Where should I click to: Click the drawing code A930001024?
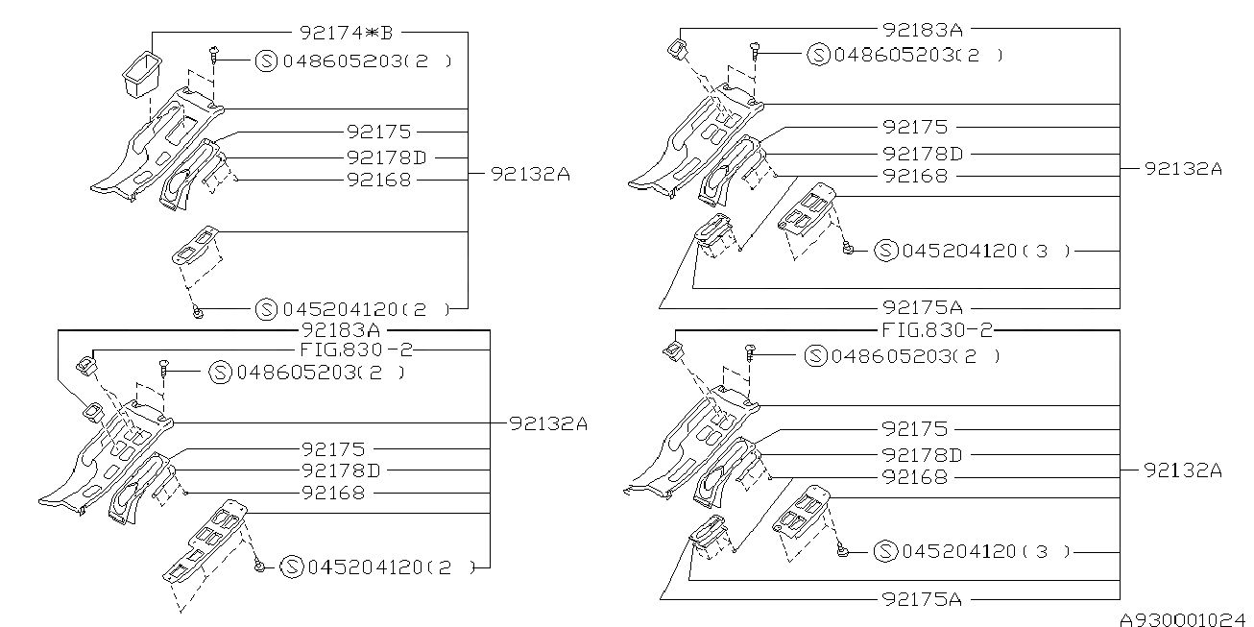pyautogui.click(x=1187, y=619)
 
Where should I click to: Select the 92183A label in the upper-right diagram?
pyautogui.click(x=923, y=30)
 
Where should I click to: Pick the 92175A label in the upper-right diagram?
pyautogui.click(x=922, y=307)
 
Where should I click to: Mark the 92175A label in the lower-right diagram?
pyautogui.click(x=920, y=599)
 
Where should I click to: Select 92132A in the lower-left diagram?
pyautogui.click(x=547, y=422)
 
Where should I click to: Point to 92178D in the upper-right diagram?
pyautogui.click(x=922, y=154)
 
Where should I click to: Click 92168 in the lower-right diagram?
pyautogui.click(x=914, y=476)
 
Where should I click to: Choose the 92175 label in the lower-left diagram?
pyautogui.click(x=332, y=447)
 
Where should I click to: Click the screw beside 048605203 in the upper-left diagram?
pyautogui.click(x=213, y=59)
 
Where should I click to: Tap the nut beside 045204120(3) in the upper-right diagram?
pyautogui.click(x=849, y=250)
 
